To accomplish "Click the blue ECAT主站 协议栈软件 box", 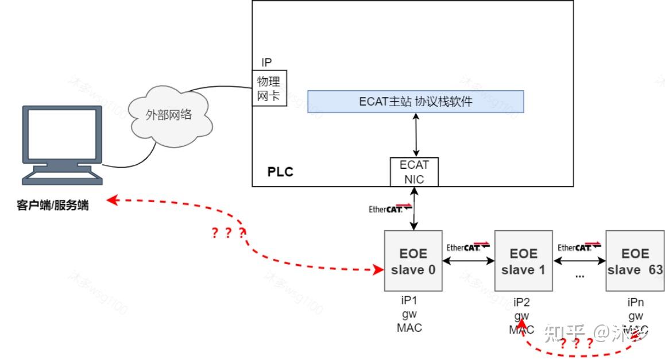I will click(415, 102).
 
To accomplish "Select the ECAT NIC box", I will click(413, 172).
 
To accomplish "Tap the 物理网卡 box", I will click(268, 88).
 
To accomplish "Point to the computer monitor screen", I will click(62, 134).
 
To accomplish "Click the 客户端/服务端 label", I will click(53, 205).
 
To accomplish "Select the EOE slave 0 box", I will click(413, 261).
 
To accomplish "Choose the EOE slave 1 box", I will click(523, 261).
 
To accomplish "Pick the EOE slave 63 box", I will click(635, 261).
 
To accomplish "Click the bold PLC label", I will click(280, 172).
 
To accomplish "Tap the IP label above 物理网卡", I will click(266, 63).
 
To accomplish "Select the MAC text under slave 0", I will click(409, 328).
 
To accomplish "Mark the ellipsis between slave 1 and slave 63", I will click(579, 275).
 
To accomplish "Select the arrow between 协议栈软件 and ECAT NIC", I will click(414, 135).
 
